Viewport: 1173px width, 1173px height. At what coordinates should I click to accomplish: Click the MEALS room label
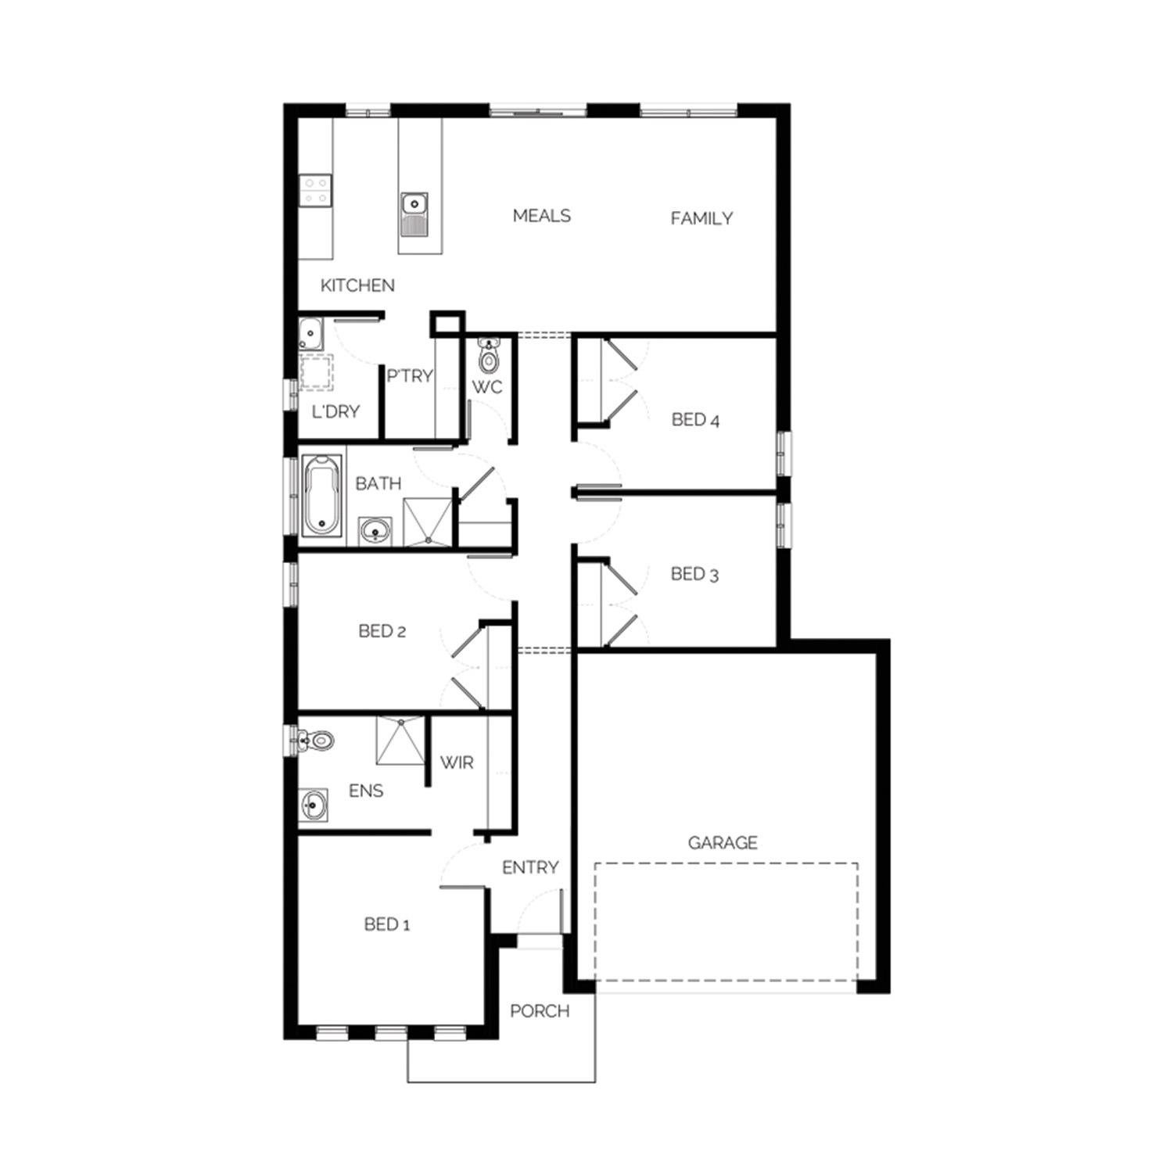coord(542,216)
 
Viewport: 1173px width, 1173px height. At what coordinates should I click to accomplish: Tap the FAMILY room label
coord(701,219)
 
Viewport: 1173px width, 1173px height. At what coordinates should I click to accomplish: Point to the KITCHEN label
coord(357,285)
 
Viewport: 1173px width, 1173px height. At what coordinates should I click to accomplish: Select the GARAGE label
coord(723,842)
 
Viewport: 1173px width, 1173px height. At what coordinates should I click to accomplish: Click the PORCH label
coord(540,1011)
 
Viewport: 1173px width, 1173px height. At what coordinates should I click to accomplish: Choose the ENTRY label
coord(530,867)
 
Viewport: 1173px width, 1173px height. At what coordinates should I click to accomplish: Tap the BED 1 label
coord(387,924)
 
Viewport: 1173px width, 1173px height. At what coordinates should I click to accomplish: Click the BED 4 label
coord(695,420)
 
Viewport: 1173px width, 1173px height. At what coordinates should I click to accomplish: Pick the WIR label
coord(457,762)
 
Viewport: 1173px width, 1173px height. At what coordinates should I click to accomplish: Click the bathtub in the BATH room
coord(322,496)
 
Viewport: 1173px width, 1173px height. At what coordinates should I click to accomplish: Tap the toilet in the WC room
coord(489,355)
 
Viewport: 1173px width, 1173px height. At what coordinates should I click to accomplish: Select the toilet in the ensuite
coord(316,740)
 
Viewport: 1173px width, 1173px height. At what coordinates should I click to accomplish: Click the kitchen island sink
coord(413,214)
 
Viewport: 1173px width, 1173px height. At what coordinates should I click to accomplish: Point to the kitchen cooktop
coord(315,191)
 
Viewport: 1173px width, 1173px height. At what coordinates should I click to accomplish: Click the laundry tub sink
coord(310,335)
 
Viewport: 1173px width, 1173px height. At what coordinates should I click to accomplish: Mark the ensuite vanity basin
coord(313,805)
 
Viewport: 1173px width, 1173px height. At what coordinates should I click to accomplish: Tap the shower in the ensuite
coord(400,741)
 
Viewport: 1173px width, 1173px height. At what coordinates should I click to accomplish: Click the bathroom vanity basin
coord(376,531)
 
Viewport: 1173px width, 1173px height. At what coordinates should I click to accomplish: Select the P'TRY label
coord(410,376)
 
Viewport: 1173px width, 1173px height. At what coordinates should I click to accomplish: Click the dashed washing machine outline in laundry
coord(317,372)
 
